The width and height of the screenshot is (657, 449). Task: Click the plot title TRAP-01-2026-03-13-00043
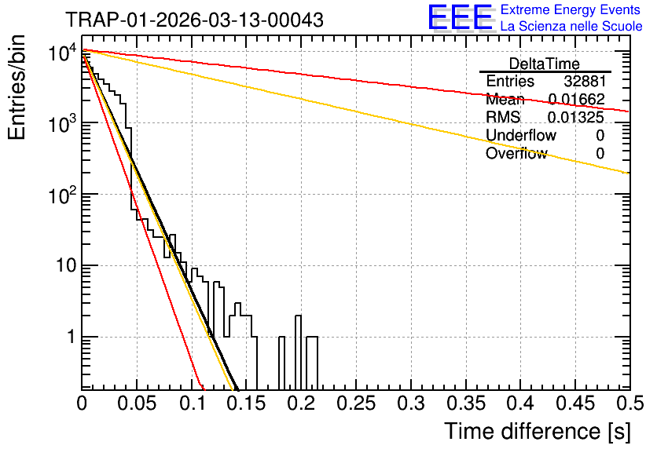coord(195,20)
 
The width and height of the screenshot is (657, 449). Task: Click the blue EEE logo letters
coord(461,17)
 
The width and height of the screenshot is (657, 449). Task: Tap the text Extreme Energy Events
coord(571,9)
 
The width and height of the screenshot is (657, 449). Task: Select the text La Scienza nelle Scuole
coord(571,26)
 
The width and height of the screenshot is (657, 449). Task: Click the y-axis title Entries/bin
coord(17,88)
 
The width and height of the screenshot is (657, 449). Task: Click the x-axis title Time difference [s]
coord(538,431)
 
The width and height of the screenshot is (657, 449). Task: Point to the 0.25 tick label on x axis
coord(356,403)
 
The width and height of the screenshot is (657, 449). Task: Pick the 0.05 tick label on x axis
coord(137,403)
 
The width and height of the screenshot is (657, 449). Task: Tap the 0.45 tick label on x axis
coord(575,403)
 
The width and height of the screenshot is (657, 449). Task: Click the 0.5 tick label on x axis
coord(629,403)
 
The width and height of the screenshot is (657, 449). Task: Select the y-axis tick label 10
coord(67,266)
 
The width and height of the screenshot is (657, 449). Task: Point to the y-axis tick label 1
coord(72,337)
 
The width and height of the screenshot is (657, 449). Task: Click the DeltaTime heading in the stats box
coord(545,64)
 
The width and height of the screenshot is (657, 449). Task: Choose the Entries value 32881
coord(585,81)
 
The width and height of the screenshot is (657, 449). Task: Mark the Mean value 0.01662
coord(577,99)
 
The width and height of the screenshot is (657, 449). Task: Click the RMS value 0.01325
coord(576,117)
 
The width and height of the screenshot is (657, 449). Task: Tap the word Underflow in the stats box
coord(521,135)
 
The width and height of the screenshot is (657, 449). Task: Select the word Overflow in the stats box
coord(516,153)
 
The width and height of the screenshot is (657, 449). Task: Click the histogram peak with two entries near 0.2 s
coord(299,316)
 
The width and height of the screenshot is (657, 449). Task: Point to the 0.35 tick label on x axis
coord(466,403)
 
